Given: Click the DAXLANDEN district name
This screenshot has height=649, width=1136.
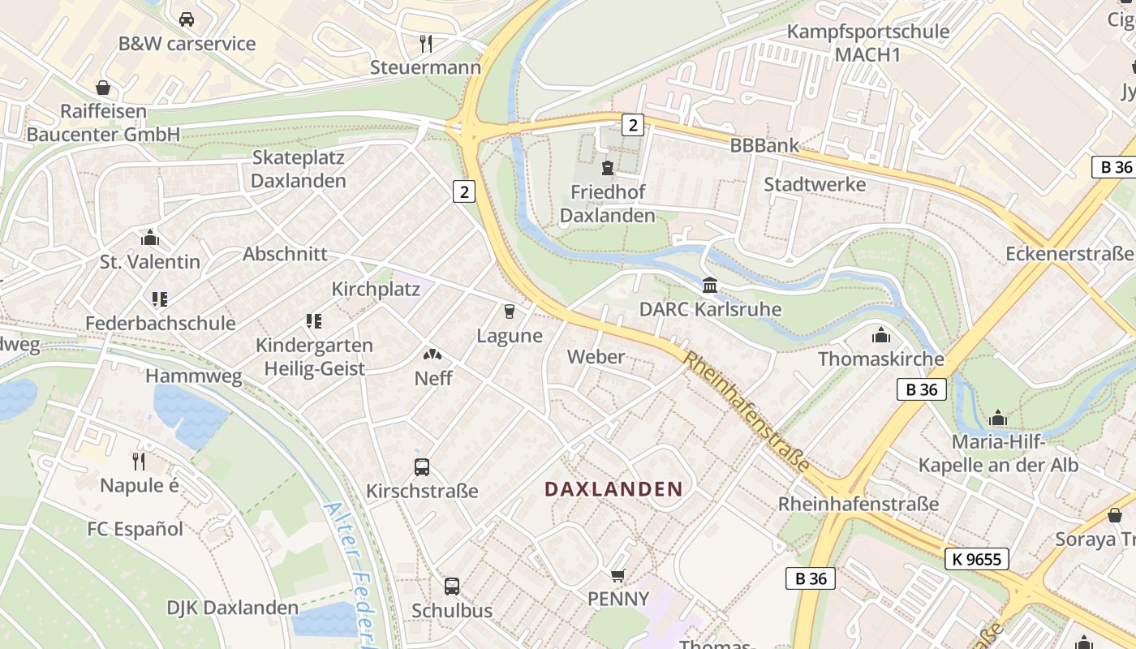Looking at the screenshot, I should (613, 489).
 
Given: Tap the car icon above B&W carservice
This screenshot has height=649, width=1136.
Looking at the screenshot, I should (187, 19).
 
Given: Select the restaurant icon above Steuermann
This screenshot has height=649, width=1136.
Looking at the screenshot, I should (425, 42).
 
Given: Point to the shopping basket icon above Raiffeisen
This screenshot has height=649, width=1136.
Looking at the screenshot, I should (103, 87).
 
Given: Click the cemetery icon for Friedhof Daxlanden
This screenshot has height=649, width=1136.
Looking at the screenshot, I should (607, 168).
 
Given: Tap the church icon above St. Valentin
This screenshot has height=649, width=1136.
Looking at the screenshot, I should (150, 238).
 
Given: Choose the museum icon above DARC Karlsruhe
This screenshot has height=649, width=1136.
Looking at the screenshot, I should (710, 285).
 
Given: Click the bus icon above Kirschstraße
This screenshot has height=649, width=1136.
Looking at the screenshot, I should (422, 466).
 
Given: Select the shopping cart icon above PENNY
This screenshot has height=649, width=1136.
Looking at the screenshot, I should (618, 575).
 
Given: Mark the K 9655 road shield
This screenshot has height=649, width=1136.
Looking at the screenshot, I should (977, 558).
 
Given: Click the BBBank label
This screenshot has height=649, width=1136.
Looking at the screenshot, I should (764, 146).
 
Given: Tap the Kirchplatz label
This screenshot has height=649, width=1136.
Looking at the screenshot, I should (376, 290).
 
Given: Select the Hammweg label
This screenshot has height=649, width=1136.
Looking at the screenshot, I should (194, 376).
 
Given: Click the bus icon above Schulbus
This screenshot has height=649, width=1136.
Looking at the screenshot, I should (452, 586).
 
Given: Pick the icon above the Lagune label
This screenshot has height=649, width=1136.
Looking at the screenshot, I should (510, 311).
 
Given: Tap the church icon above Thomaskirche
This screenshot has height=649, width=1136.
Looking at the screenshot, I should (881, 335).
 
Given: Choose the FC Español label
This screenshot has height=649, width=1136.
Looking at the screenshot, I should (135, 529).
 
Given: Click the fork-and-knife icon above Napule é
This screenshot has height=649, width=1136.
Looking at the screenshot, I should (139, 462).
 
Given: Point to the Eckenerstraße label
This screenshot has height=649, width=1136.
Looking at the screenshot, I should (1069, 254).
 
